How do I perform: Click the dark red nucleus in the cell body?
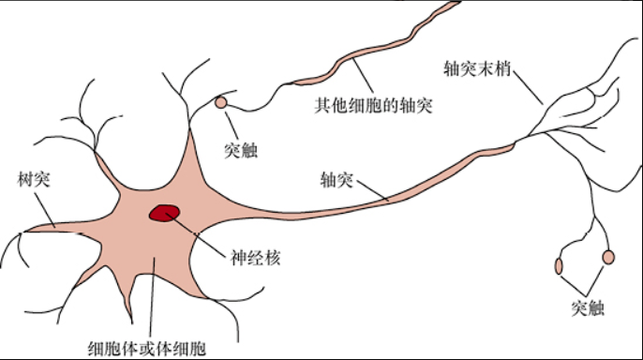coord(165,214)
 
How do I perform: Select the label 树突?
coord(34,179)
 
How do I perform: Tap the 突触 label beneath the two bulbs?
coord(587,307)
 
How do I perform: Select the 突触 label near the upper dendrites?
coord(241,149)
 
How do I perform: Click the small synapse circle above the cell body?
coord(221,102)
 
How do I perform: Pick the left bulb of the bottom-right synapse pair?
coord(560,265)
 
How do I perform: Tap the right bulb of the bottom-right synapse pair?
coord(608,257)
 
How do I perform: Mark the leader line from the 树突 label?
coord(46,207)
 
